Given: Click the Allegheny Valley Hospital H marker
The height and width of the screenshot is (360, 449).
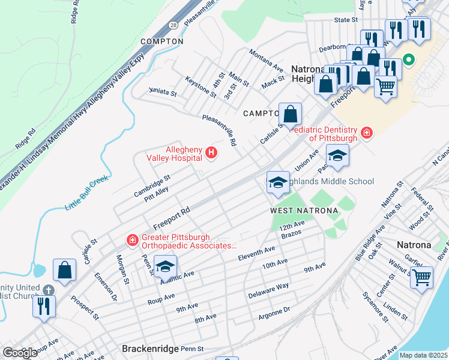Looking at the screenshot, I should point(211,154).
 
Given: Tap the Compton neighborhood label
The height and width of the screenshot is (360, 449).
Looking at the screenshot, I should point(161,41).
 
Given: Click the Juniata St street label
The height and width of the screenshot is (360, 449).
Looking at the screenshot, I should point(163,94).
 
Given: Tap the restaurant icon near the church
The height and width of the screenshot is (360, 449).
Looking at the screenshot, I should point(43,306).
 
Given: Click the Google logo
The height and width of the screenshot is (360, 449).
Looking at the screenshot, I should point(20,353).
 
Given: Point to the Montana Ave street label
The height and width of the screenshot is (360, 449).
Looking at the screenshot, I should point(266,59).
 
